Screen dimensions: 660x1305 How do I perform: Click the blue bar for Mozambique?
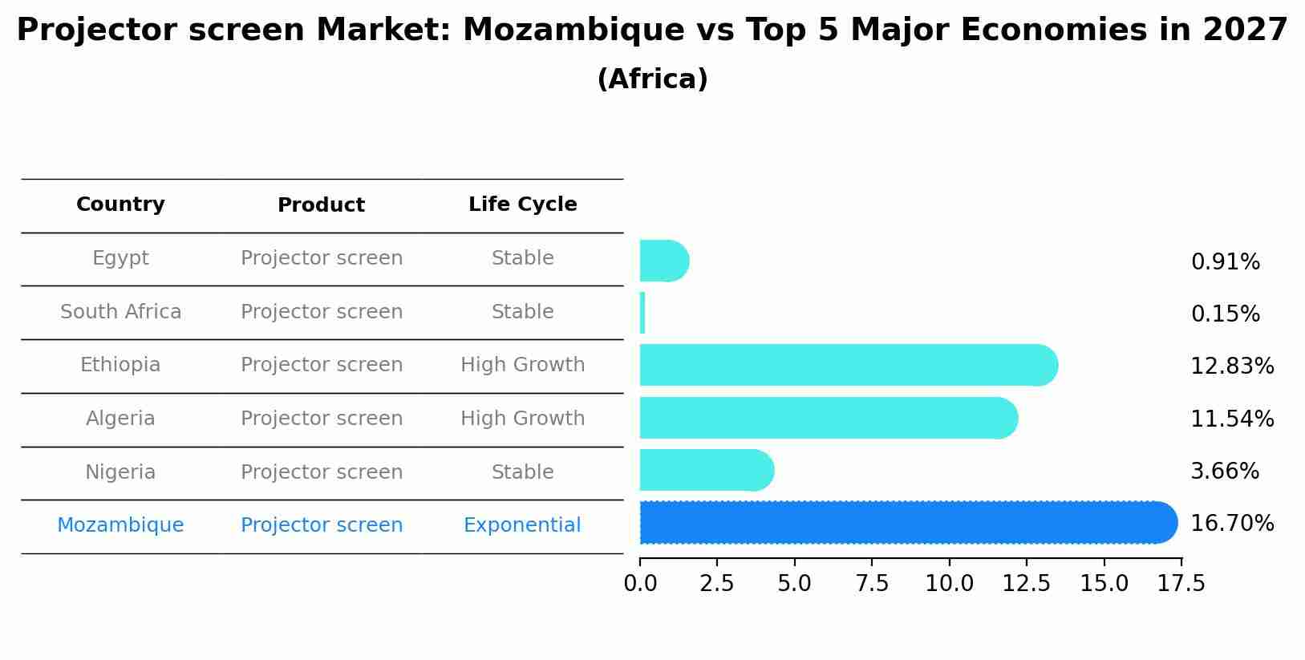click(x=906, y=523)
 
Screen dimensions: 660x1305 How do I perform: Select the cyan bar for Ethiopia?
click(x=847, y=365)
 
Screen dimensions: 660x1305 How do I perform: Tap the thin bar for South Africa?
click(x=642, y=313)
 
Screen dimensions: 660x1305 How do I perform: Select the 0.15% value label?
click(x=1225, y=314)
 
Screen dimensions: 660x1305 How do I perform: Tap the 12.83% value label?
click(x=1231, y=366)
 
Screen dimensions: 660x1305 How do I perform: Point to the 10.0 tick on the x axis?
click(x=950, y=584)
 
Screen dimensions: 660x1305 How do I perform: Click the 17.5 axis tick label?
click(x=1181, y=584)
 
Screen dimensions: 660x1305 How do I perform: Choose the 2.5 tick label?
click(x=717, y=584)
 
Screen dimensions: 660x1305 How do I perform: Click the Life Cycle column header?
click(x=522, y=204)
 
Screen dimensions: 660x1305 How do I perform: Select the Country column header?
click(x=120, y=204)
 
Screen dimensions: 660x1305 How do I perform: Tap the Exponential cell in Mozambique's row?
click(x=522, y=525)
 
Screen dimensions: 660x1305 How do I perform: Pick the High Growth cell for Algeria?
click(x=522, y=419)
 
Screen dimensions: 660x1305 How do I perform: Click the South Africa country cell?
click(x=120, y=312)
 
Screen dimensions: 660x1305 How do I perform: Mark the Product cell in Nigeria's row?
click(x=322, y=472)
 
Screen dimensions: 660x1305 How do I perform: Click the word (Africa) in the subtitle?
click(x=652, y=79)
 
